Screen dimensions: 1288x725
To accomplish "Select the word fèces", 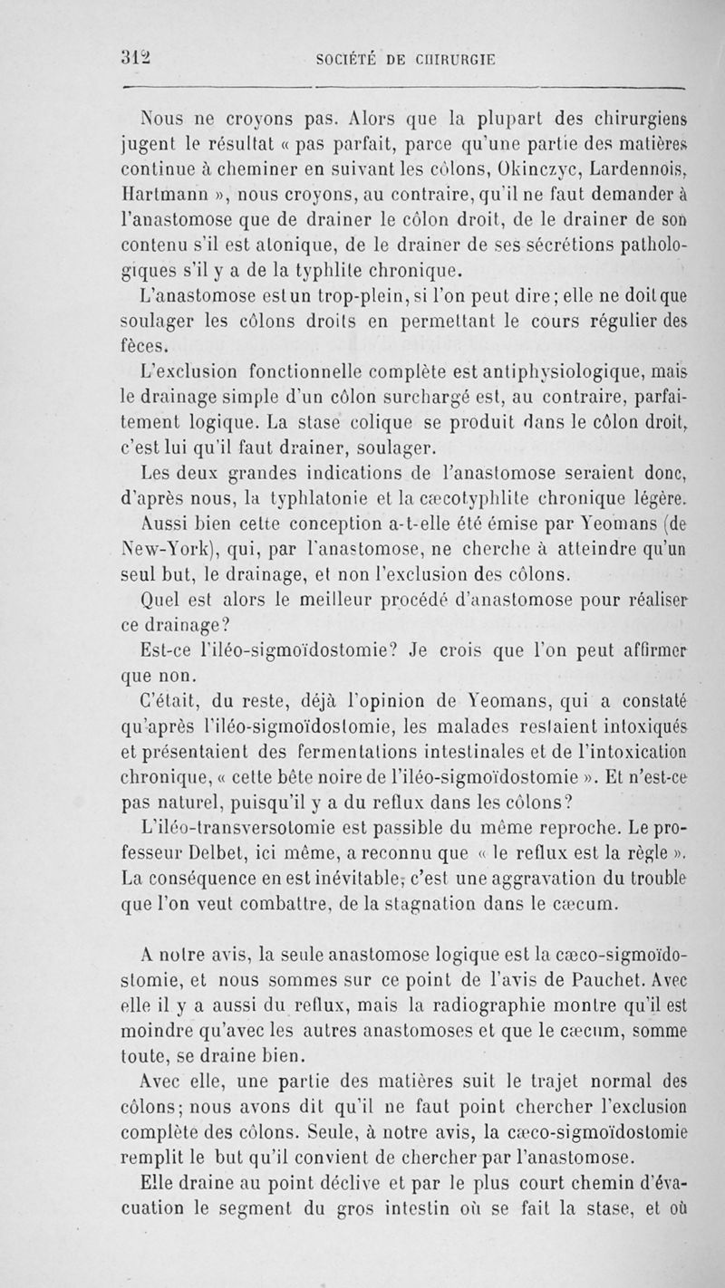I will click(144, 345).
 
